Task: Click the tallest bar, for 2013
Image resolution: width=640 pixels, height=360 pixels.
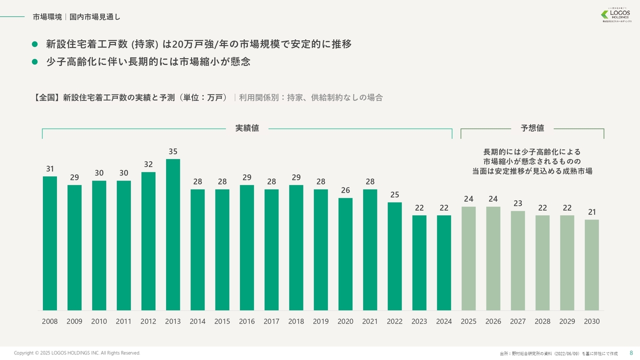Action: pyautogui.click(x=173, y=235)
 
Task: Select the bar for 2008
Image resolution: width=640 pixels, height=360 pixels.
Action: pyautogui.click(x=50, y=243)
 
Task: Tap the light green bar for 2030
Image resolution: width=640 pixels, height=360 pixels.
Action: pyautogui.click(x=591, y=265)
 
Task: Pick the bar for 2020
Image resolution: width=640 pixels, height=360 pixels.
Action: pyautogui.click(x=345, y=254)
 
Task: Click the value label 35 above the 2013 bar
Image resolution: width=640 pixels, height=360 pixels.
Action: pyautogui.click(x=173, y=151)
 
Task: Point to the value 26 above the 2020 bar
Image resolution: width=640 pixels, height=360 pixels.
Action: pyautogui.click(x=345, y=190)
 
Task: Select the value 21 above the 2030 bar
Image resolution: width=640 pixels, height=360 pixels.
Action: pyautogui.click(x=591, y=212)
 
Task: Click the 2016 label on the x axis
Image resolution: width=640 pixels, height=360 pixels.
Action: pyautogui.click(x=247, y=321)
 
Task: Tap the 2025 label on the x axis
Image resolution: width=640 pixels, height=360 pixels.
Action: pyautogui.click(x=468, y=321)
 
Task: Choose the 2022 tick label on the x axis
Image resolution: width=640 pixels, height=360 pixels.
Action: pyautogui.click(x=394, y=321)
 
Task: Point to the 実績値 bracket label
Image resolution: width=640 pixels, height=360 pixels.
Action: pyautogui.click(x=247, y=128)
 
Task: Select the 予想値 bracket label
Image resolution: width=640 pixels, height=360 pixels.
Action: pyautogui.click(x=532, y=128)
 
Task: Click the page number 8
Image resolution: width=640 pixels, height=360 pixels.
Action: pyautogui.click(x=630, y=353)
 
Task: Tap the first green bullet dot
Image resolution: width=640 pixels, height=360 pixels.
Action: pyautogui.click(x=35, y=44)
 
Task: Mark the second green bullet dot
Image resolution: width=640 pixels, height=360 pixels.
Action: pyautogui.click(x=35, y=62)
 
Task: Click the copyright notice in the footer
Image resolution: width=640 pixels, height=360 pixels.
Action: pyautogui.click(x=77, y=353)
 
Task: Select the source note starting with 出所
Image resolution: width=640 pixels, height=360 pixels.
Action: pyautogui.click(x=558, y=353)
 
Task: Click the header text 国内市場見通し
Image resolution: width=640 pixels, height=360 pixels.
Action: pyautogui.click(x=95, y=17)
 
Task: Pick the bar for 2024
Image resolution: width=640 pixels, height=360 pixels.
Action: pyautogui.click(x=444, y=263)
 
